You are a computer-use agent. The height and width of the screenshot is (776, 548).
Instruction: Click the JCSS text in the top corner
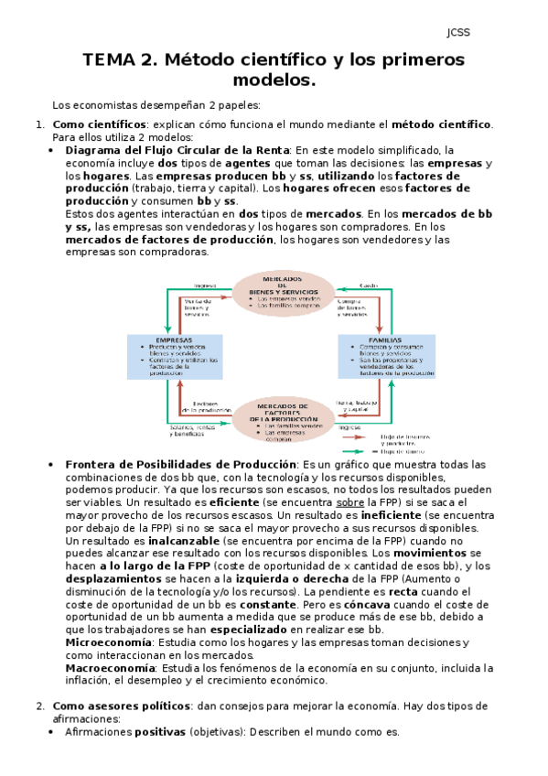pyautogui.click(x=457, y=33)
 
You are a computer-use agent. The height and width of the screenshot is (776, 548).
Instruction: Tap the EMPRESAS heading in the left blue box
pyautogui.click(x=174, y=339)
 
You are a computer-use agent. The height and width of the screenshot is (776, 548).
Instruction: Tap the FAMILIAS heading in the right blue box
pyautogui.click(x=384, y=339)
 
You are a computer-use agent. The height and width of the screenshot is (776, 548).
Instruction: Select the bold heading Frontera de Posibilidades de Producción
pyautogui.click(x=181, y=466)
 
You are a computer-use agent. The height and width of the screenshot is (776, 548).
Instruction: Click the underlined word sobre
pyautogui.click(x=350, y=503)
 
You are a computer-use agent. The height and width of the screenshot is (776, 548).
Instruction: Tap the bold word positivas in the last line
pyautogui.click(x=160, y=732)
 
